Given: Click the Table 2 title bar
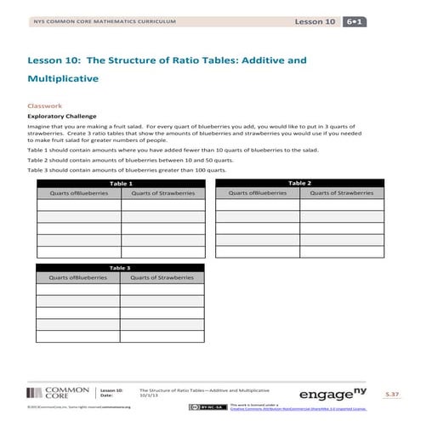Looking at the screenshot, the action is [x=299, y=183].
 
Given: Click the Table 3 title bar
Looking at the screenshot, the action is [x=120, y=267].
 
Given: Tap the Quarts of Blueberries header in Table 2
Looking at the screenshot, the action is [x=256, y=193].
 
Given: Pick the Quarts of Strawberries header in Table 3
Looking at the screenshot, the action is [x=162, y=277].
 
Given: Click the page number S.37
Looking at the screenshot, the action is [x=391, y=394].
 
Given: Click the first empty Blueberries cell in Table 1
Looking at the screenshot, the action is [x=78, y=204].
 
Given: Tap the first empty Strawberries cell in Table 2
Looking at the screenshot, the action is [x=341, y=204].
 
